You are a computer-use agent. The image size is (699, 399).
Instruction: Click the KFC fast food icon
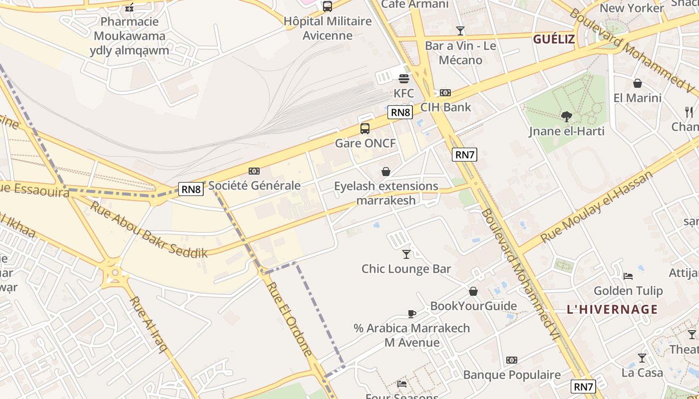coord(404,79)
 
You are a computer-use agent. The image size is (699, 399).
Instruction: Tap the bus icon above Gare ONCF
coord(365,129)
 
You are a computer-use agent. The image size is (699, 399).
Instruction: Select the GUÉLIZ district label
coord(554,39)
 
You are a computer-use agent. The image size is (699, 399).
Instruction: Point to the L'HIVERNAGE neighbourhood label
coord(612,309)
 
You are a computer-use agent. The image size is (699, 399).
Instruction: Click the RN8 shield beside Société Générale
coord(191,189)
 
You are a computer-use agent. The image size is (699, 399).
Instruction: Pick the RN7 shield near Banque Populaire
coord(583,386)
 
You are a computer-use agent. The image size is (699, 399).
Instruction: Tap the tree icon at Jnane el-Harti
coord(566,117)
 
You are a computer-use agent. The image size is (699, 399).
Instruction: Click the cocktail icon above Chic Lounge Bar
coord(406,254)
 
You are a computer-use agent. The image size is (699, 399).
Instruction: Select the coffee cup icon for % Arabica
coord(411,314)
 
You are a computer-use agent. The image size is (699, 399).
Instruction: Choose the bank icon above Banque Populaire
coord(512,360)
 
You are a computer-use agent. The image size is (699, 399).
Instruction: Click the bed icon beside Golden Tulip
coord(628,276)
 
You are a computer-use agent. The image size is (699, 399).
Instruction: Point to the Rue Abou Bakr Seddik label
coord(148,230)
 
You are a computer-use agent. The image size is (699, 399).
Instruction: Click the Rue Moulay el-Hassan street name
coord(597,207)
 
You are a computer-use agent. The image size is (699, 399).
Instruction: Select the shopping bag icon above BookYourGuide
coord(473,291)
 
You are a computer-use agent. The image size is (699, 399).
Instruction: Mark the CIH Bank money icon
coord(445,93)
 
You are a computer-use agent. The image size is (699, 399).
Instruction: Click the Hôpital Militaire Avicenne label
coord(328,28)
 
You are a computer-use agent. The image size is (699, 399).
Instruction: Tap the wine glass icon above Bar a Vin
coord(460,31)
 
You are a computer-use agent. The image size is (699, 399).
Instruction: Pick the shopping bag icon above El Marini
coord(637,83)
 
